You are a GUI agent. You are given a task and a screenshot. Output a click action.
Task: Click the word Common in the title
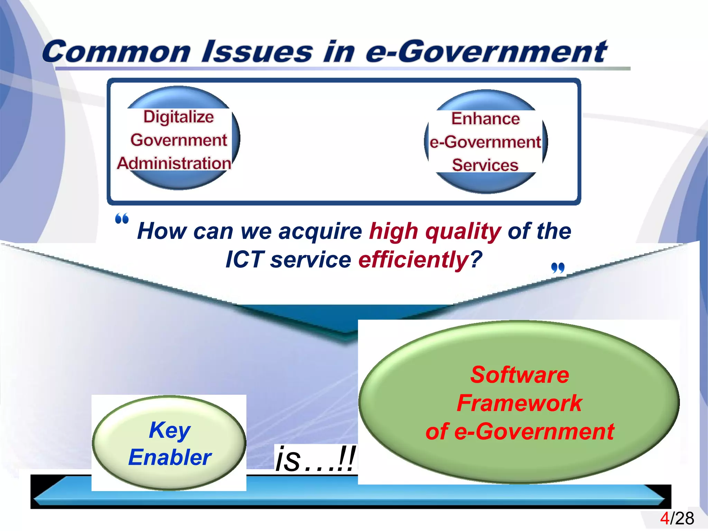point(116,52)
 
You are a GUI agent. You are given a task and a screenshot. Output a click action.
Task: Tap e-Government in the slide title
point(486,52)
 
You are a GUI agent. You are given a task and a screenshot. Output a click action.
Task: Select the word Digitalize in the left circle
point(179,117)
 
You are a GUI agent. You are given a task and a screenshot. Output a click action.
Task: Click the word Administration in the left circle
point(174,163)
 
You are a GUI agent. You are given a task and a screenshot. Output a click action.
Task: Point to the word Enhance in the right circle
point(485,119)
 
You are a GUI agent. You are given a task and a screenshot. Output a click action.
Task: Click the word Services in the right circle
point(485,165)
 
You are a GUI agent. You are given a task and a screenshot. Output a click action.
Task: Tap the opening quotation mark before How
point(122,219)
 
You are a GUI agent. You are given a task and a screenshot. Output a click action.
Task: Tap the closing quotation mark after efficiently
point(558,268)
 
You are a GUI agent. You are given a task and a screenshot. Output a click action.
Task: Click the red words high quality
point(435,231)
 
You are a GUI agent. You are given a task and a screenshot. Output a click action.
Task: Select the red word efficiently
point(413,259)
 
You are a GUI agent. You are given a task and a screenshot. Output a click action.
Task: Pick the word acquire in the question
point(320,231)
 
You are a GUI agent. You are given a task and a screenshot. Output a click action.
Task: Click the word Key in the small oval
point(169,430)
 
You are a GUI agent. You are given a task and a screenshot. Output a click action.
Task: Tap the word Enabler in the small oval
point(169,457)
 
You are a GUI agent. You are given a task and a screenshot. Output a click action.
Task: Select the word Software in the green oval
point(520,375)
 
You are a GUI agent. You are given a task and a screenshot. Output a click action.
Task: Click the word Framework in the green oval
point(520,403)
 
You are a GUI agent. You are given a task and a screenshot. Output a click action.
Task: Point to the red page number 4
point(664,519)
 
